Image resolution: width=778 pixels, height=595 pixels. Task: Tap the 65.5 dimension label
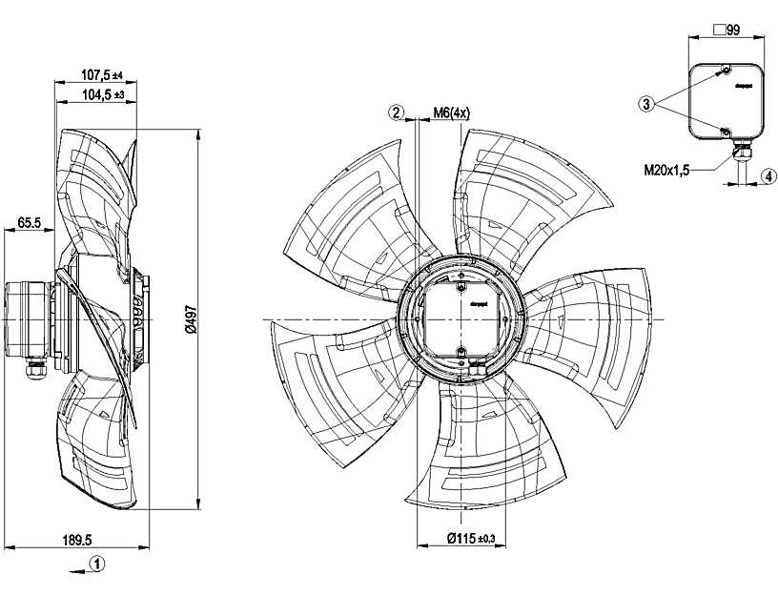pyautogui.click(x=29, y=223)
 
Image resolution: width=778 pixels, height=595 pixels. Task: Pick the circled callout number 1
pyautogui.click(x=97, y=564)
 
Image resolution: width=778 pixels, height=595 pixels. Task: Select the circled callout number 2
pyautogui.click(x=396, y=113)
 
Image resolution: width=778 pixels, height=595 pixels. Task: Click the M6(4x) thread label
pyautogui.click(x=452, y=113)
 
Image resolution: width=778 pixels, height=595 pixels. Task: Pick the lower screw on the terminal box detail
pyautogui.click(x=726, y=131)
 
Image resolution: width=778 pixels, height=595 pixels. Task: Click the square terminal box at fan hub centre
pyautogui.click(x=461, y=315)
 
